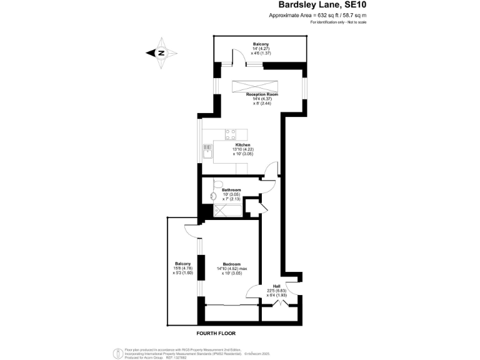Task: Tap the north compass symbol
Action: click(x=160, y=53)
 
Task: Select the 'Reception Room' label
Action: click(x=261, y=94)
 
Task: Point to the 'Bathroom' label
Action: click(x=231, y=189)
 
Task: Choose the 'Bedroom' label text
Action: click(x=231, y=264)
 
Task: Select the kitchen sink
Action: click(x=207, y=150)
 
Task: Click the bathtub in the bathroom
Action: click(x=228, y=211)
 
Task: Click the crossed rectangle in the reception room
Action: click(x=257, y=86)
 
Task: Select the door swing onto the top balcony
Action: click(x=238, y=59)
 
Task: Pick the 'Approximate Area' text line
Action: click(x=317, y=15)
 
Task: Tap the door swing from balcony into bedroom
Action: click(x=192, y=231)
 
